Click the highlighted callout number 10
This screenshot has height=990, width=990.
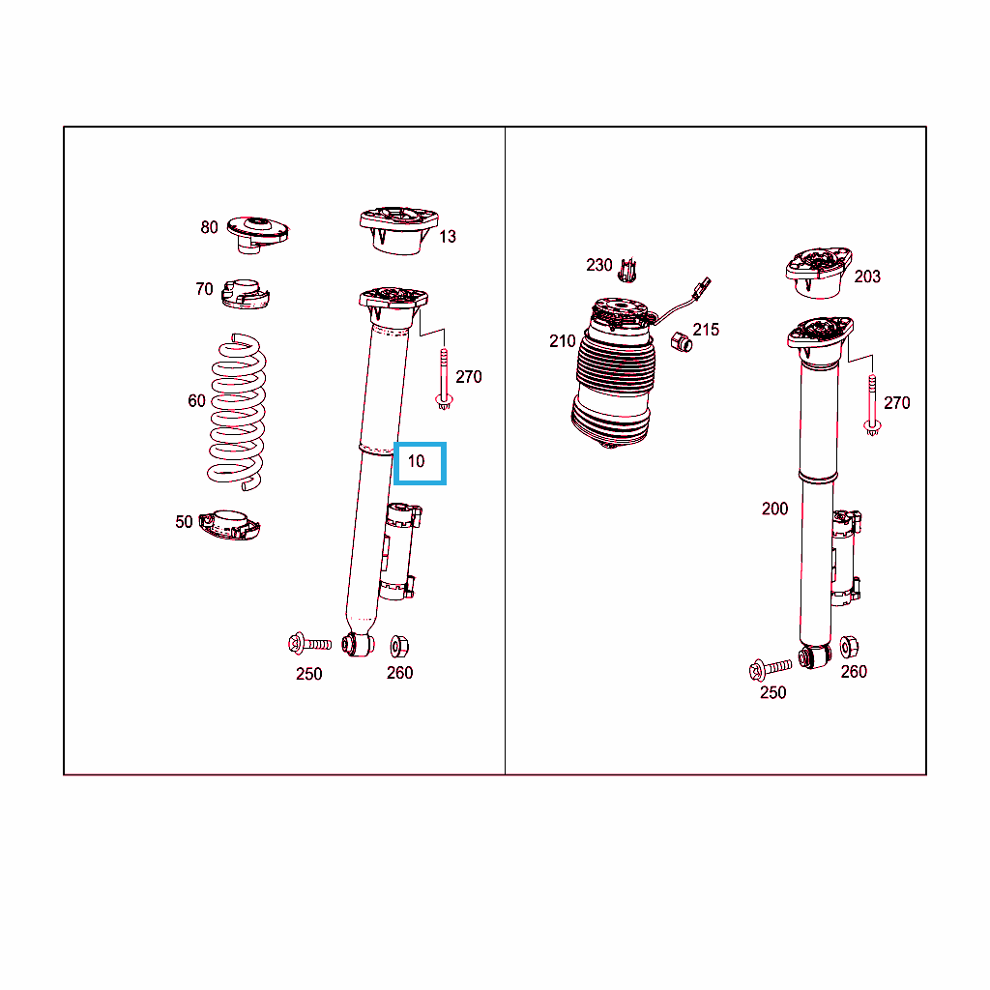coord(416,461)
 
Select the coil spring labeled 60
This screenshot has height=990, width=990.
coord(237,412)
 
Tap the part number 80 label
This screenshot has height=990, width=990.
coord(209,227)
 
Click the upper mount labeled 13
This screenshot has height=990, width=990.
coord(398,230)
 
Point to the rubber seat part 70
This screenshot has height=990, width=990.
coord(245,294)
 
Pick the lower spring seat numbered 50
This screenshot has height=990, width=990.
coord(229,525)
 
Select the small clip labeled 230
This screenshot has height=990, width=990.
coord(626,271)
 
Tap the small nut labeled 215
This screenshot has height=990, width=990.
coord(682,341)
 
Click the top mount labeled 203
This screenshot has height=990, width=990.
coord(818,273)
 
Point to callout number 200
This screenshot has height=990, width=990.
coord(774,509)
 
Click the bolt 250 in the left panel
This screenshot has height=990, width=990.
coord(309,644)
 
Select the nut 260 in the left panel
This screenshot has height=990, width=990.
coord(399,646)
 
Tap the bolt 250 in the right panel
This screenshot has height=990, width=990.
coord(770,669)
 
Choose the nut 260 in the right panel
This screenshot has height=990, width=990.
coord(849,647)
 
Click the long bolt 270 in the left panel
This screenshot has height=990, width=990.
coord(444,379)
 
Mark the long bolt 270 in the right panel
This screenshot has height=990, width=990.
coord(872,405)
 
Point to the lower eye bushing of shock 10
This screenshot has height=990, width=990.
coord(358,645)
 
